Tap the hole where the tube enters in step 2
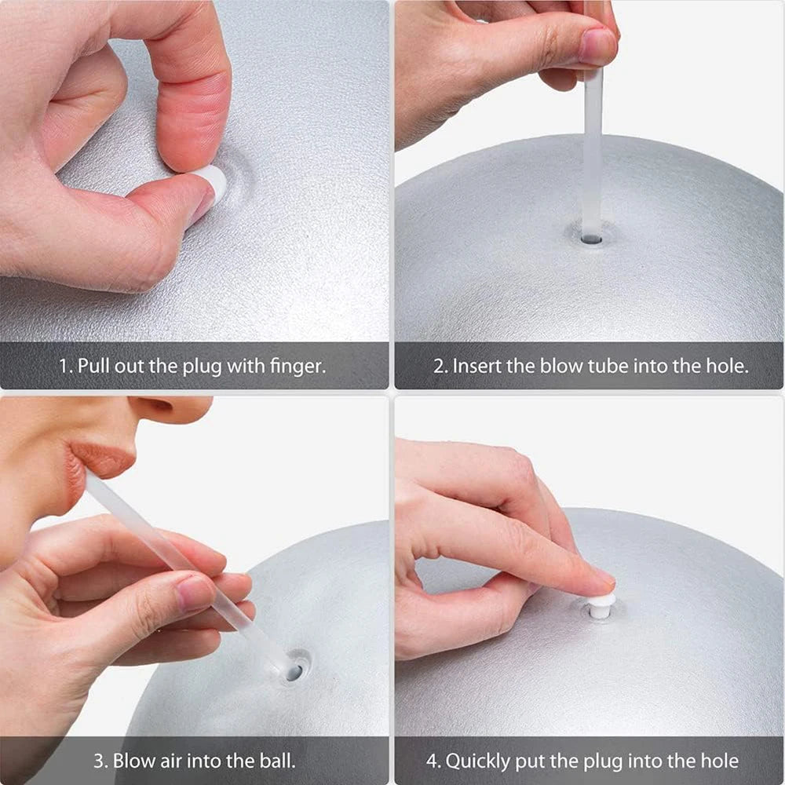point(591,237)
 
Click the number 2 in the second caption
point(439,366)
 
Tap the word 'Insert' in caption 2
point(476,366)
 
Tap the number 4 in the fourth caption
point(433,760)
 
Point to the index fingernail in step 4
point(602,579)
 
